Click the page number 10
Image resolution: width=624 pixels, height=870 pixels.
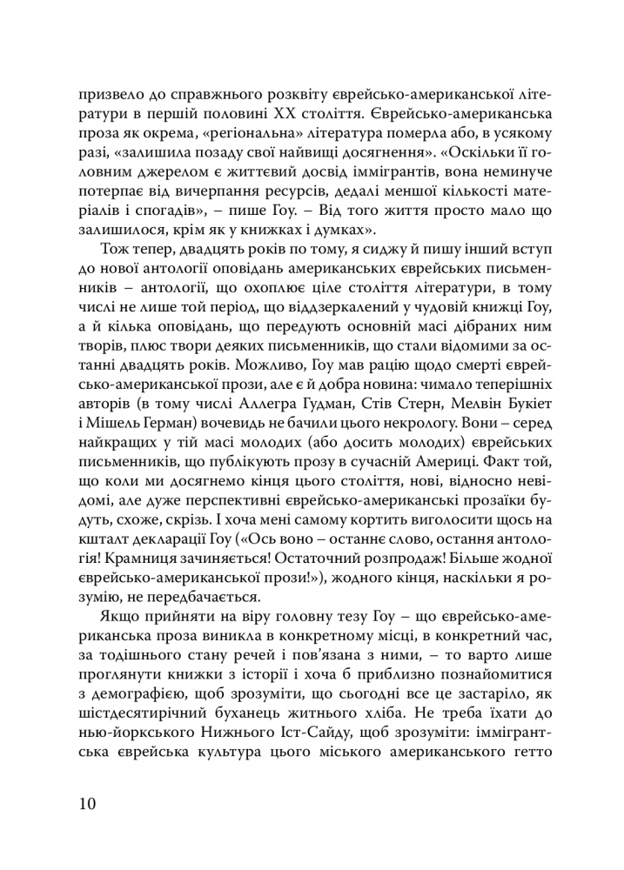tap(87, 802)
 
